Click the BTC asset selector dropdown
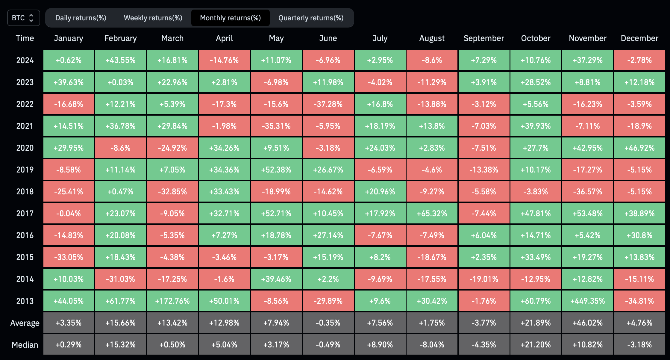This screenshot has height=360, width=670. tap(24, 18)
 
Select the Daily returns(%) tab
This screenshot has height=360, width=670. tap(81, 18)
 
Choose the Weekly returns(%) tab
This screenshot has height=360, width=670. tap(153, 18)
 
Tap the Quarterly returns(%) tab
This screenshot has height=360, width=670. tap(311, 18)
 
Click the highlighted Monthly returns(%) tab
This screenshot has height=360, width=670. tap(231, 18)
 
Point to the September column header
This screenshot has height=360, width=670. tap(484, 38)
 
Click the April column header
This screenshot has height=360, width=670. tap(225, 38)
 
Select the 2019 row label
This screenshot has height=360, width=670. tap(25, 170)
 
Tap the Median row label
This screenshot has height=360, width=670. tap(25, 345)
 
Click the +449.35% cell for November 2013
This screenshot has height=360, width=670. tap(588, 301)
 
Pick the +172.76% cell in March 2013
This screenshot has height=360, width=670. tap(172, 301)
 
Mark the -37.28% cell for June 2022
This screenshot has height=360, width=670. tap(328, 104)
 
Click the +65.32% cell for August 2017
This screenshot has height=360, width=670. tap(432, 214)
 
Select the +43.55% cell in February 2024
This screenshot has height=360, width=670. tap(121, 60)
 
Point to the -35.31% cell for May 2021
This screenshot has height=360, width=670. tap(276, 126)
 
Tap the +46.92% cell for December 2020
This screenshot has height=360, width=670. tap(640, 148)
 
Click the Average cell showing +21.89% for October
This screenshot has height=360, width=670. tap(536, 323)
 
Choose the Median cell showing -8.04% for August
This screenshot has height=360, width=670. tap(432, 345)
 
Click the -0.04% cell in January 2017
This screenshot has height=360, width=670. tap(69, 214)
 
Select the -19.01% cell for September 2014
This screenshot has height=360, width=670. tap(484, 279)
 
